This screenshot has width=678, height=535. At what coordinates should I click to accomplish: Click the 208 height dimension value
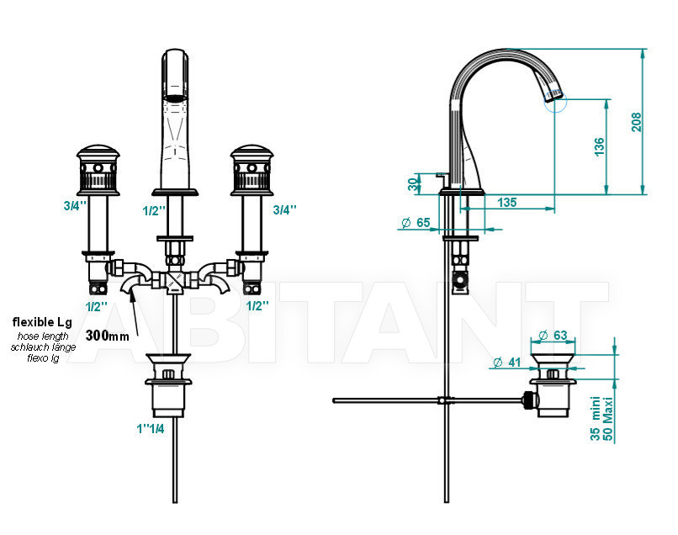636,122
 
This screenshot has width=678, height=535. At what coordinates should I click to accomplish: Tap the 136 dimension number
599,146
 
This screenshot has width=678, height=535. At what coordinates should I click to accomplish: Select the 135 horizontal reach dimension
506,203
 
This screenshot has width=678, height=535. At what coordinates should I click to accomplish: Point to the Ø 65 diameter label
416,223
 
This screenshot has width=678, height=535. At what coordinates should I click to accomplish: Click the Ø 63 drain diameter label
553,335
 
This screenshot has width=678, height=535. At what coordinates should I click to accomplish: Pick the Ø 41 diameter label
506,362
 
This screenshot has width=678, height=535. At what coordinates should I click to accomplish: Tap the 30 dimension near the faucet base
414,184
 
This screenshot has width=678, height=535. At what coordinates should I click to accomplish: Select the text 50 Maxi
608,419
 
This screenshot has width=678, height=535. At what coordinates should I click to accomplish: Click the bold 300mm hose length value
107,335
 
